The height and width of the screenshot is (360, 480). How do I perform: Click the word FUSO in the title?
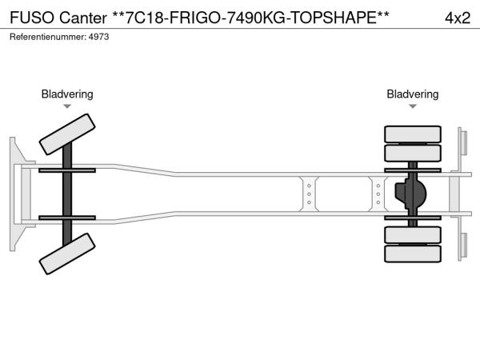click(32, 18)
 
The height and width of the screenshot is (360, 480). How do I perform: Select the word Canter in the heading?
click(83, 18)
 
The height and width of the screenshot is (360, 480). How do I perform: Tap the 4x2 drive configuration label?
click(458, 18)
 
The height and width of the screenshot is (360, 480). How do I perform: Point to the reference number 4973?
click(98, 37)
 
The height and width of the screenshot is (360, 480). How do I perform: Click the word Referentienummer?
click(48, 37)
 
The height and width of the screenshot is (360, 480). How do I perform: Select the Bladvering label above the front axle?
click(67, 94)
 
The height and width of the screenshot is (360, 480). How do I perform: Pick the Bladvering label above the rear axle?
click(412, 94)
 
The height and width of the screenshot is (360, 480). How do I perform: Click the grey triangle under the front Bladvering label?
click(67, 106)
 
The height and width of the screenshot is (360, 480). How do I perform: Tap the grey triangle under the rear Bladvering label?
click(413, 106)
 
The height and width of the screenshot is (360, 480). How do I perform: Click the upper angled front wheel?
click(67, 134)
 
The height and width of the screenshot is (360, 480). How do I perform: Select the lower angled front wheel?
click(67, 254)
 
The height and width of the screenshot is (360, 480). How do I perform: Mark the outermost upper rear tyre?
click(413, 134)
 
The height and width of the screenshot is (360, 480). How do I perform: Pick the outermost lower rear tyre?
click(413, 254)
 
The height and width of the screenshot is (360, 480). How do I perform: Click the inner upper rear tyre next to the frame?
click(413, 153)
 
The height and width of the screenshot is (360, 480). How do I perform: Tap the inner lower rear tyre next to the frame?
click(413, 234)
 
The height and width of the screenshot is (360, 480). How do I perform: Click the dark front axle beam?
click(67, 194)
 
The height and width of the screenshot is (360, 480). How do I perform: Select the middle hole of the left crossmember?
click(309, 194)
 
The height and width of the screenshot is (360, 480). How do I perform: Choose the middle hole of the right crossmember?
click(378, 194)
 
